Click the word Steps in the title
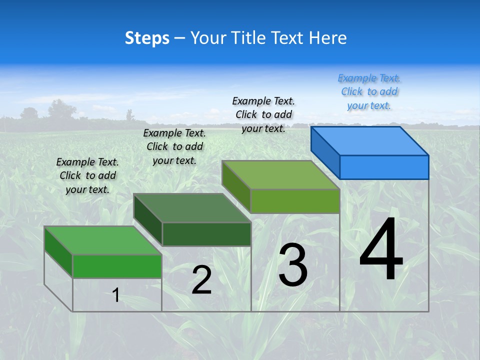click(146, 38)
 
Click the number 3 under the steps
click(293, 265)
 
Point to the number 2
click(201, 280)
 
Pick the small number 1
click(116, 295)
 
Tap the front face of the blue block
click(384, 167)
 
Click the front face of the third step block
click(295, 201)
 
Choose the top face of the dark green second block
click(192, 207)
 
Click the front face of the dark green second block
click(206, 234)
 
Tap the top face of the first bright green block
click(103, 240)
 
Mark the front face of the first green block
click(117, 266)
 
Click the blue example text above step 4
click(369, 91)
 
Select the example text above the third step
click(263, 114)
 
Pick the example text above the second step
click(174, 146)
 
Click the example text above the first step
click(87, 175)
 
